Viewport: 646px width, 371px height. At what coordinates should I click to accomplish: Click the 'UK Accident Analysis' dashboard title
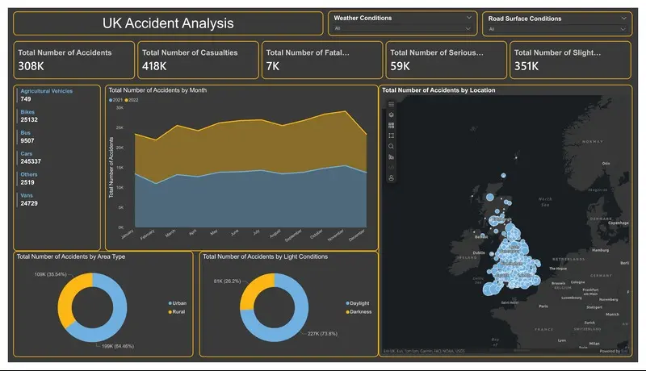[x=168, y=23]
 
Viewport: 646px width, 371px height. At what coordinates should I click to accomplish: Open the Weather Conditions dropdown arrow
[x=469, y=17]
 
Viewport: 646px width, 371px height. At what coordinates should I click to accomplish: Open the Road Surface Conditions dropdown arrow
[x=623, y=17]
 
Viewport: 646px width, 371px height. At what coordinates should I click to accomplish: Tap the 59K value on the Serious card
[x=401, y=66]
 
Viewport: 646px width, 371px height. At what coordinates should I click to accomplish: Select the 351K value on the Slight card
[x=526, y=66]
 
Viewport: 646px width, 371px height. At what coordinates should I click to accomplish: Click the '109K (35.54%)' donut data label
[x=51, y=274]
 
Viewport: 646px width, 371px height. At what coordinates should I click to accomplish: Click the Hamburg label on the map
[x=599, y=250]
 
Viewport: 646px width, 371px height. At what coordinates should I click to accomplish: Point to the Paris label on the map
[x=544, y=306]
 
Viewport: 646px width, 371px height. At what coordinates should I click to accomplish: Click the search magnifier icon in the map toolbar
[x=391, y=146]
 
